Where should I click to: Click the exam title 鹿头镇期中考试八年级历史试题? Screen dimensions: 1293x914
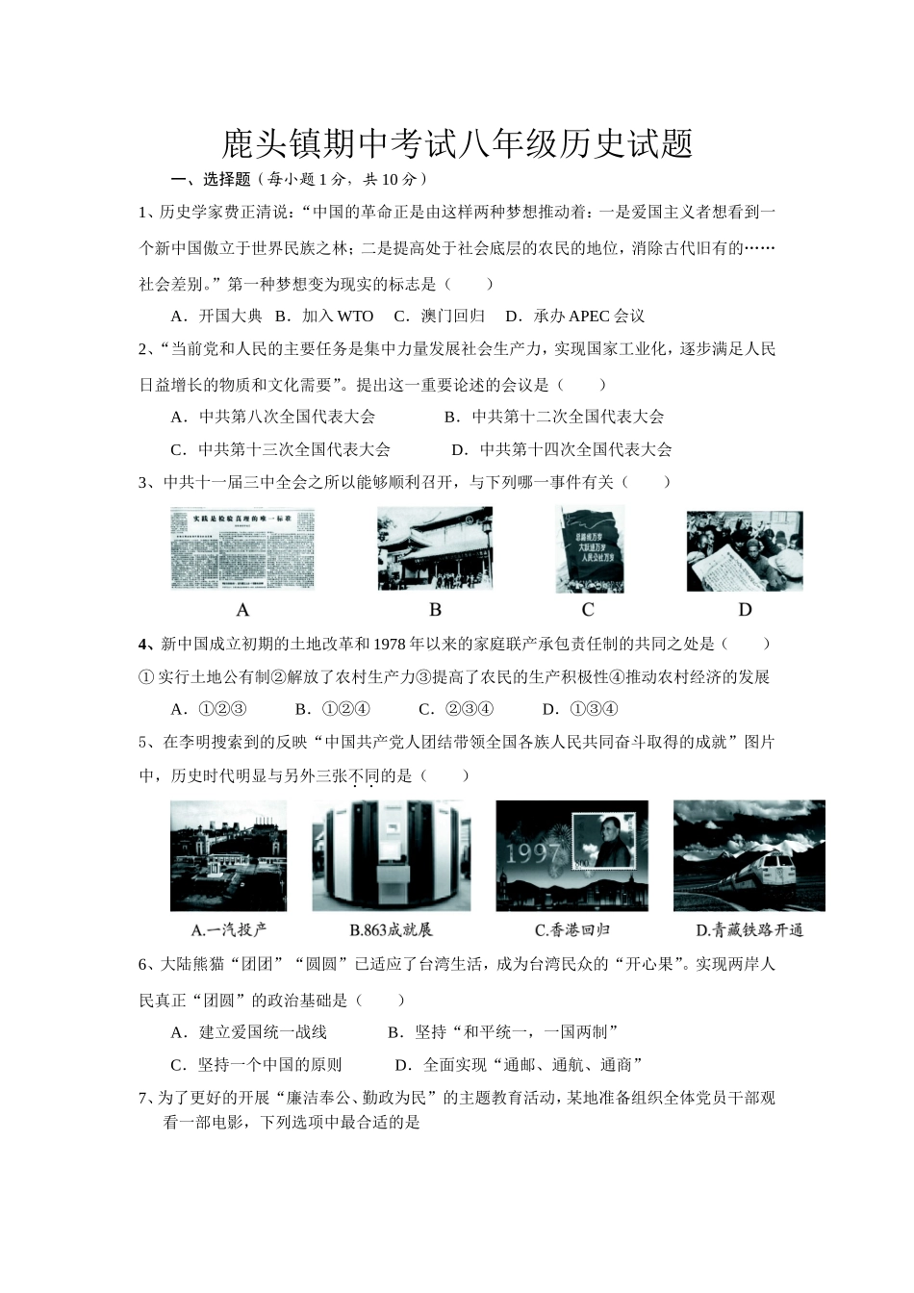(x=457, y=144)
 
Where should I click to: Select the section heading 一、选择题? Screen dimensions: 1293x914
(x=211, y=179)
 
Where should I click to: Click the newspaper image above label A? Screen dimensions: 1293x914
(x=243, y=547)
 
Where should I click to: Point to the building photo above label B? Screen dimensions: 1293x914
(x=435, y=548)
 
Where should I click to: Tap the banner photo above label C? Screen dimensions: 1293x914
(x=589, y=549)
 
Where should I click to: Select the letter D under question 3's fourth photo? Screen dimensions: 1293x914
(x=745, y=610)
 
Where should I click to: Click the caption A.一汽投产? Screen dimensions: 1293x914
(x=229, y=929)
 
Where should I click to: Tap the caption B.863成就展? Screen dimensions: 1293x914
(x=391, y=929)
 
